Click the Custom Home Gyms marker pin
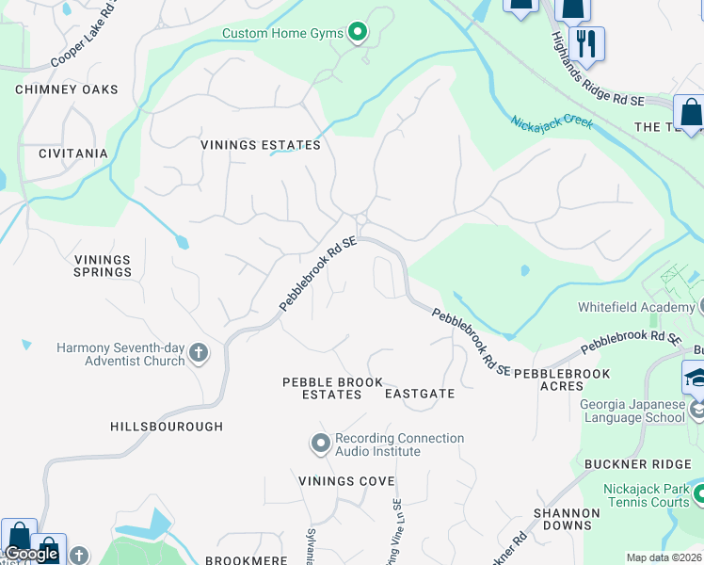coord(357,34)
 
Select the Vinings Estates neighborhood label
coord(261,146)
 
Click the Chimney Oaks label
coord(67,89)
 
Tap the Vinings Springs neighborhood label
coord(103,266)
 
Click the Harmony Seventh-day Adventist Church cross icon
coord(198,353)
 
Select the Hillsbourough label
coord(167,427)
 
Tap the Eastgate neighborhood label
coord(420,394)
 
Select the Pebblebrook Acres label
coord(562,380)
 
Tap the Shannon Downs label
coord(567,520)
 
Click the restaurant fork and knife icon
coord(586,43)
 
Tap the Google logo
coord(33,554)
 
